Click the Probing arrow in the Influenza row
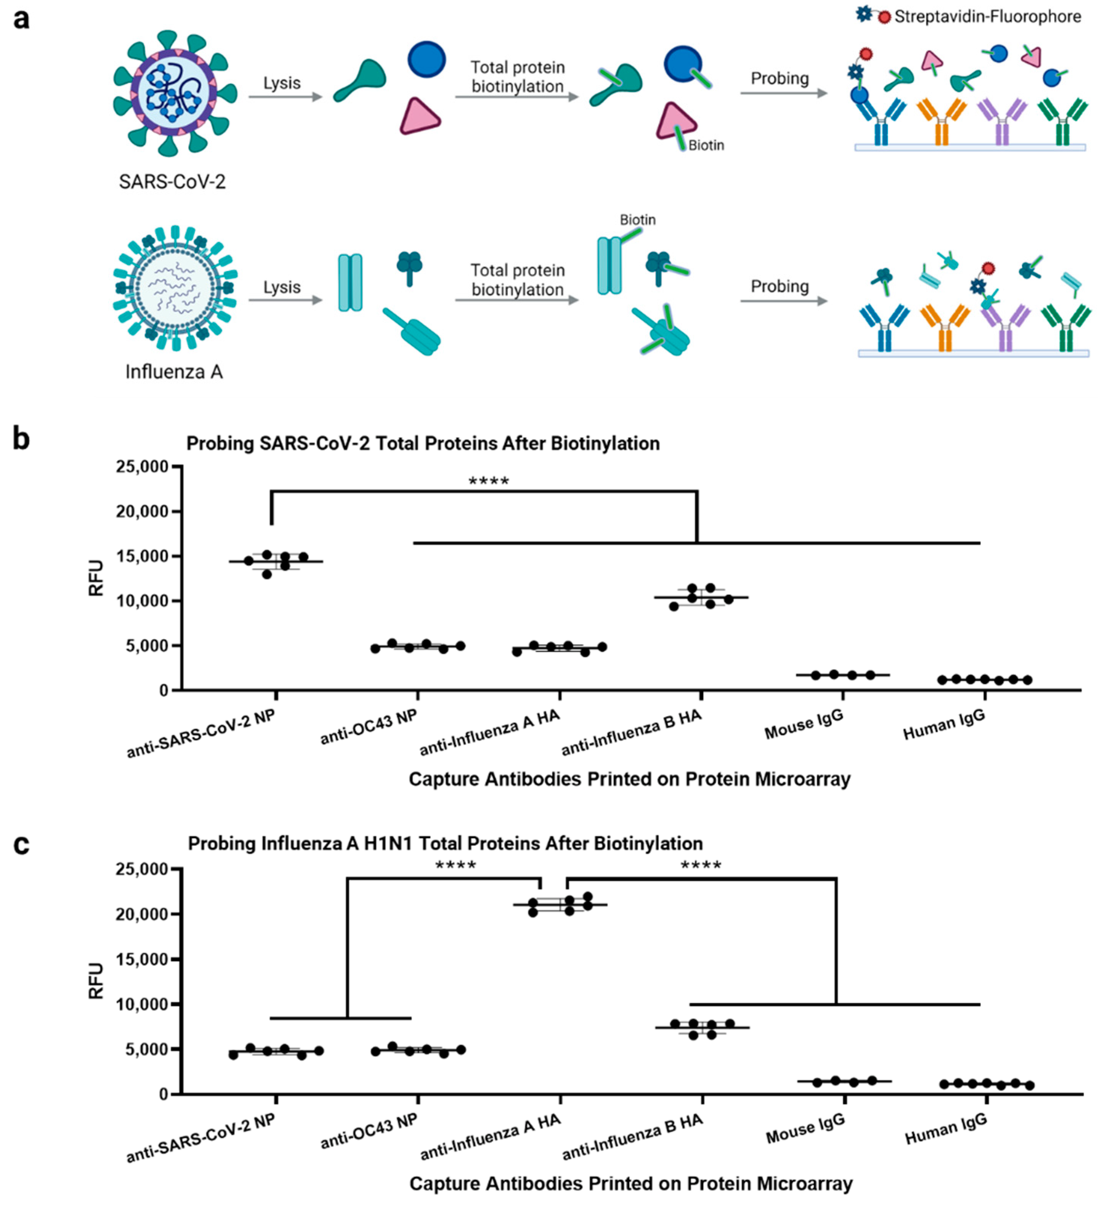click(x=783, y=300)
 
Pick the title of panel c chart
click(x=445, y=843)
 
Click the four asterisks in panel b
click(x=488, y=481)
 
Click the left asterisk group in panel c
click(x=455, y=865)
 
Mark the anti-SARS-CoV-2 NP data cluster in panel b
click(x=275, y=561)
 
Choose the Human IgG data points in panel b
click(x=984, y=679)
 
